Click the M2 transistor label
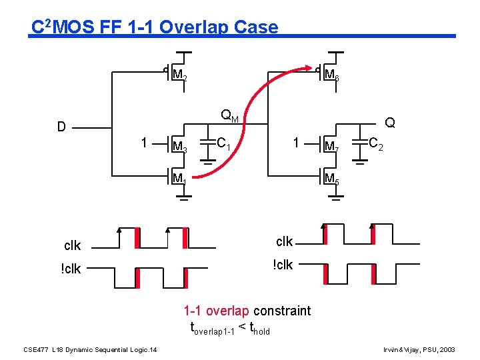coord(179,75)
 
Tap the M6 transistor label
coord(331,75)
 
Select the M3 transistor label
coord(179,146)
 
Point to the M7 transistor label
coord(331,146)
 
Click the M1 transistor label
coord(179,179)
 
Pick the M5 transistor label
coord(331,179)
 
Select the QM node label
coord(230,117)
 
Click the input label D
coord(61,127)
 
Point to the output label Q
coord(390,123)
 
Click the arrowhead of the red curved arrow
coord(309,67)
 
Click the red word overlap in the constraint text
coord(227,311)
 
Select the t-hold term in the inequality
coord(258,328)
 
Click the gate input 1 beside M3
coord(144,143)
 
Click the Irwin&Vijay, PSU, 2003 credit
coord(420,349)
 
